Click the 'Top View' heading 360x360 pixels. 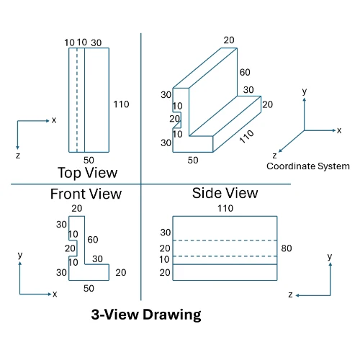(x=87, y=173)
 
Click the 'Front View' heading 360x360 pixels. (x=86, y=194)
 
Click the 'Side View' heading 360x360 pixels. (x=225, y=193)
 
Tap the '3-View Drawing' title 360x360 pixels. (x=146, y=315)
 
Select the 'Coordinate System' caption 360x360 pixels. (x=308, y=166)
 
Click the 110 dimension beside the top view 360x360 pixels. (x=121, y=104)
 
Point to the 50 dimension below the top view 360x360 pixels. (x=89, y=160)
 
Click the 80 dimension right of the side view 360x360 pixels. (x=287, y=248)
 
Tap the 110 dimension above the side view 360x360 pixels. (x=225, y=208)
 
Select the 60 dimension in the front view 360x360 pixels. (x=93, y=240)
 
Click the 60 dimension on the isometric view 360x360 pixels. (x=246, y=73)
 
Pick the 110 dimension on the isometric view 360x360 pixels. (x=247, y=136)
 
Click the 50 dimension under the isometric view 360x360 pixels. (x=193, y=161)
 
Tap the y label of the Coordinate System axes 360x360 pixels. (x=305, y=92)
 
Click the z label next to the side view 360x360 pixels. (x=289, y=295)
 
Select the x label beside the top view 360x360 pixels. (x=54, y=120)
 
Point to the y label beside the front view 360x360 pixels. (x=20, y=256)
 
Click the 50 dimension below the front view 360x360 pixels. (x=89, y=289)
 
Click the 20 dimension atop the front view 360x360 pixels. (x=76, y=209)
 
